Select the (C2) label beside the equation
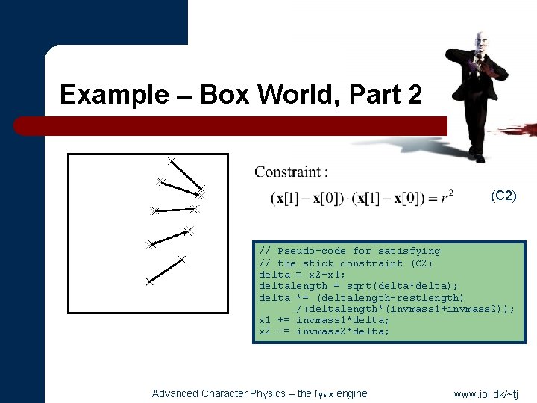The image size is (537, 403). click(x=503, y=196)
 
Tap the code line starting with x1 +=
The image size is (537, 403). click(x=324, y=320)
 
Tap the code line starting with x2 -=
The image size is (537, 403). click(x=324, y=331)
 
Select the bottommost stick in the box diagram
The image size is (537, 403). click(x=166, y=270)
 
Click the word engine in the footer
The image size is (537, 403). click(x=353, y=393)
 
